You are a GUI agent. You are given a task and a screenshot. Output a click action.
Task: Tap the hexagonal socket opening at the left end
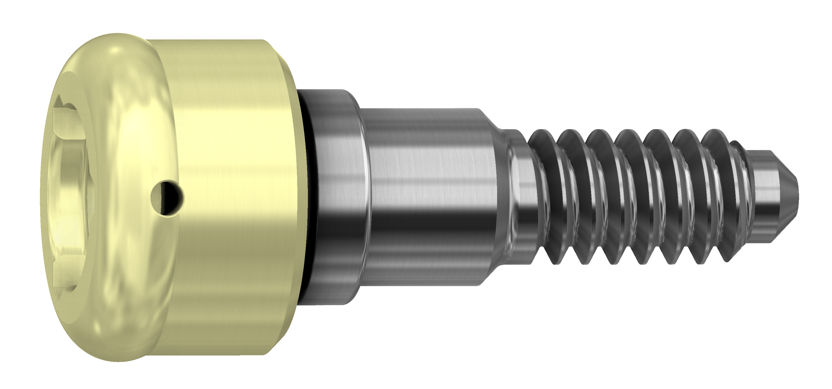(69, 194)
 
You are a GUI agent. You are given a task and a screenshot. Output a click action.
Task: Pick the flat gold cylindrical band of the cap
(233, 194)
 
